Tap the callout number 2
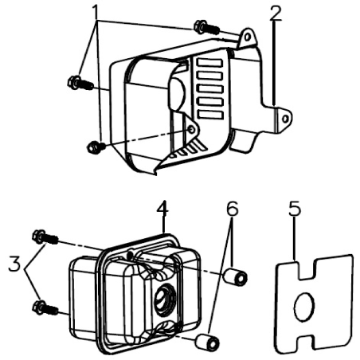pos(275,14)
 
